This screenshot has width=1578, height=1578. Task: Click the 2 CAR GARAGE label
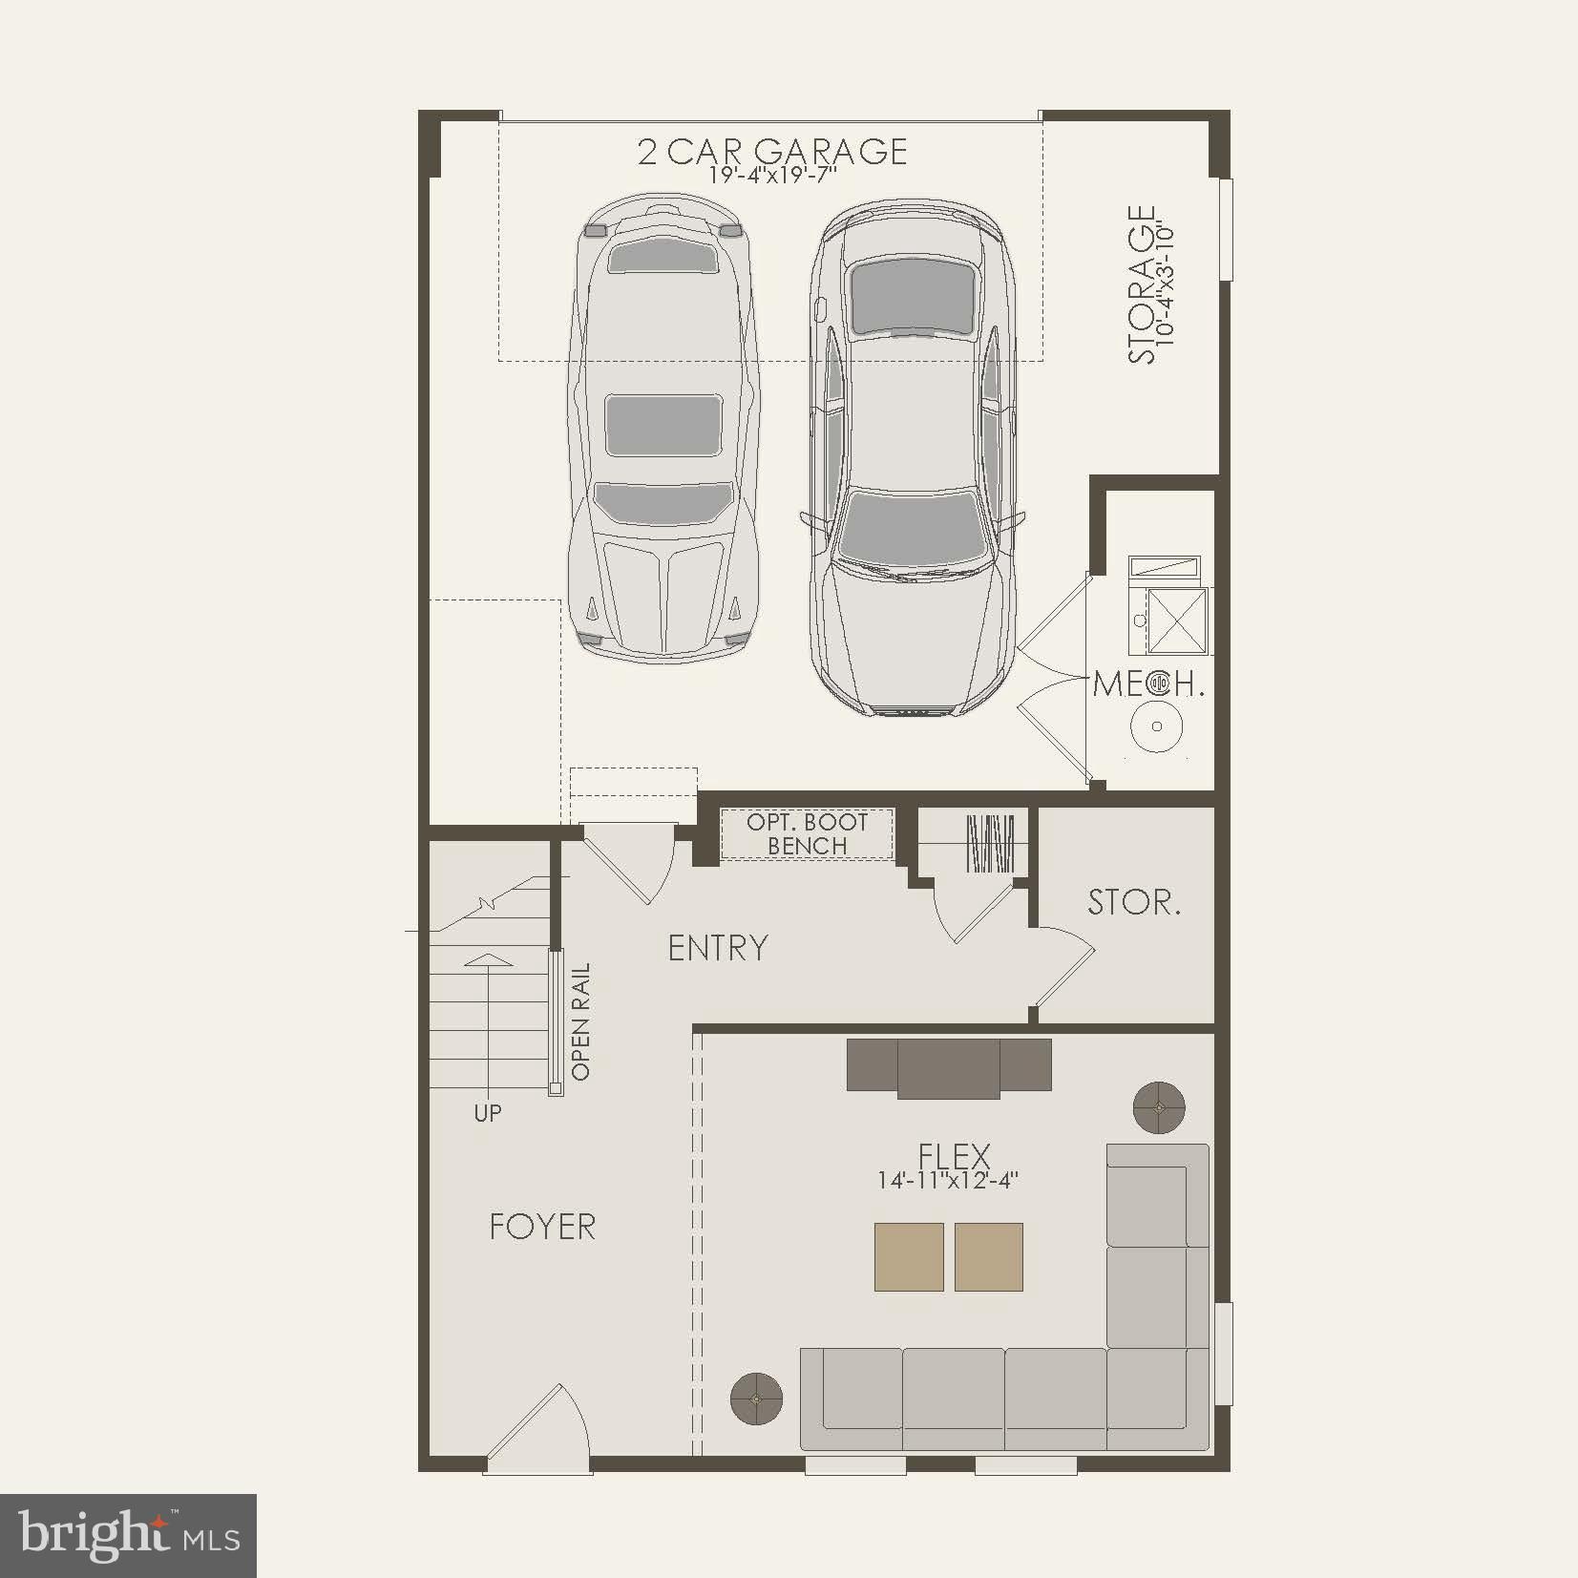[772, 151]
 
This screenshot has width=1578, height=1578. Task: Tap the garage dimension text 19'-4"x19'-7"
[772, 177]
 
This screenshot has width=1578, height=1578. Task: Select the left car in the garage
[663, 427]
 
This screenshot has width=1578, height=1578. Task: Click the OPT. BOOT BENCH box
[807, 834]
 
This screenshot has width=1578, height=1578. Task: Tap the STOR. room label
[1134, 902]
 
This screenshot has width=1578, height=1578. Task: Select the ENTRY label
[718, 948]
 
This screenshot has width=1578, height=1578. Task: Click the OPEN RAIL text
[580, 1020]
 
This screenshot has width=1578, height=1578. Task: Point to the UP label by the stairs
[488, 1112]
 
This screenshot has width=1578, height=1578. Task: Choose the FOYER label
[542, 1227]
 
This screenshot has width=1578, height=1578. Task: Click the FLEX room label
[954, 1156]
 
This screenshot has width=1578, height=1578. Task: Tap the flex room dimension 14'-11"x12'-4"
[948, 1181]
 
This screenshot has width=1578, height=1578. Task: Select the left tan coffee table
[909, 1256]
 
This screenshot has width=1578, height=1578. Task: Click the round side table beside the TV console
[1159, 1107]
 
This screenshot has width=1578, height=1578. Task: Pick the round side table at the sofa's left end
[756, 1399]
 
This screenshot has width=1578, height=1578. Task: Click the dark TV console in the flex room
[949, 1066]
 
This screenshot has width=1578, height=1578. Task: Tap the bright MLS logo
[129, 1536]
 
